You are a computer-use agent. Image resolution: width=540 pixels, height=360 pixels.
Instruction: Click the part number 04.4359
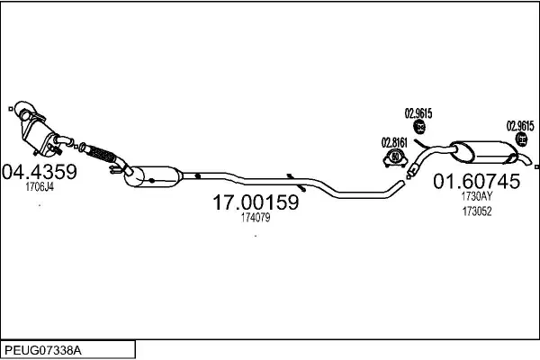(x=40, y=172)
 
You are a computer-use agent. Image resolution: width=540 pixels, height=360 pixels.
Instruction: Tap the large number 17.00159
(x=255, y=203)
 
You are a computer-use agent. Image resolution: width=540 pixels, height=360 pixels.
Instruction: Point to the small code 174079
(x=255, y=218)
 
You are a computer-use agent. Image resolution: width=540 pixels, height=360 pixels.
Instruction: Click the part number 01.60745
(x=477, y=181)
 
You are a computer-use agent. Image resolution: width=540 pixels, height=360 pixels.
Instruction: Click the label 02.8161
(x=394, y=141)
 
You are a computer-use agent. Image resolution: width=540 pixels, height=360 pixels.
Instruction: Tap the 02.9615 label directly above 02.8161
(x=418, y=112)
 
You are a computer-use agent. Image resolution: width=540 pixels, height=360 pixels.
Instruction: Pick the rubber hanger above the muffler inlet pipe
(x=418, y=128)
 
